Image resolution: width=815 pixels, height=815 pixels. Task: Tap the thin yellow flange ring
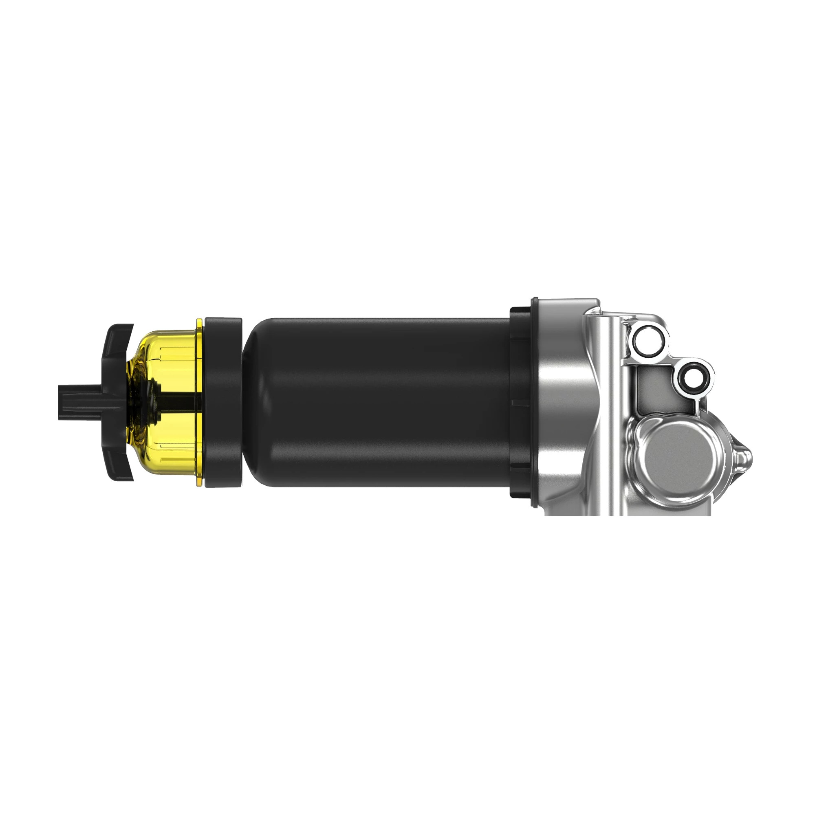[x=199, y=403]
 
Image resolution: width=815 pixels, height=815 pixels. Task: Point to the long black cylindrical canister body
[x=380, y=403]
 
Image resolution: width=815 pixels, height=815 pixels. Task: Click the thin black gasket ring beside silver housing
[x=535, y=403]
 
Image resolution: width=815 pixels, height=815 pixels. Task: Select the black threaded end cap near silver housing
[x=520, y=403]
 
